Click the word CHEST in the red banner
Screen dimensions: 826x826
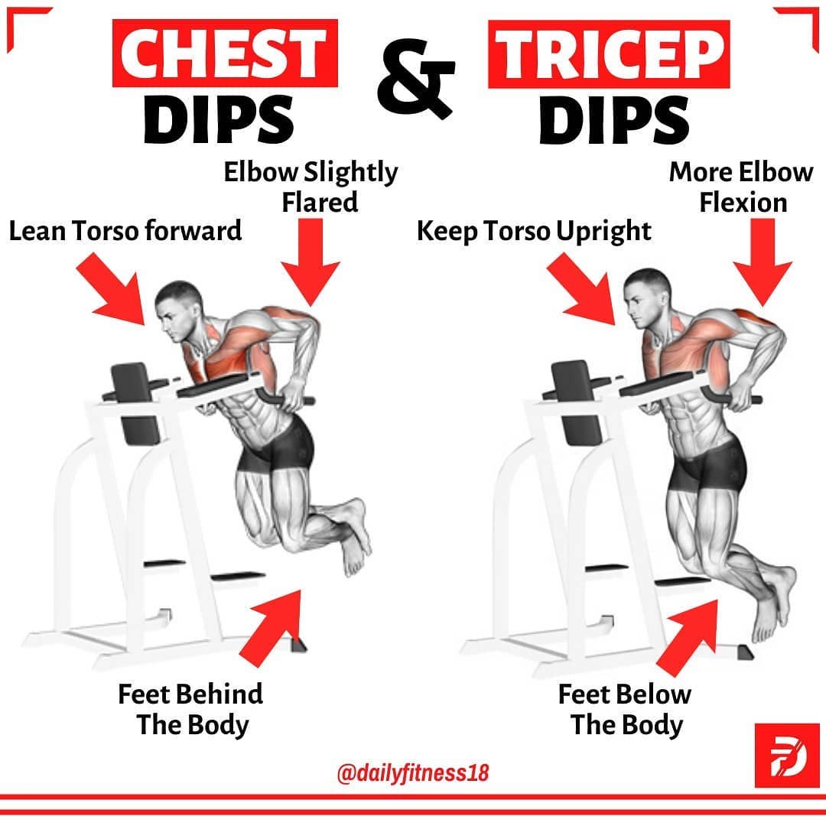[x=224, y=53]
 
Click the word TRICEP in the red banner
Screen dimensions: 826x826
[x=609, y=54]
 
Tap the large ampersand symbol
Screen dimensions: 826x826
[x=415, y=78]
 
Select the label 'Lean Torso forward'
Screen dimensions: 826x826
[x=125, y=231]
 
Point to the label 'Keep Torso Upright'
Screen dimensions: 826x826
[x=534, y=231]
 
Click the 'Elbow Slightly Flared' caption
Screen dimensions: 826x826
[x=311, y=187]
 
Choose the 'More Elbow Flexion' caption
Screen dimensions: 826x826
[x=741, y=187]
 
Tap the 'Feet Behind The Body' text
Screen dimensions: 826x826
[x=190, y=710]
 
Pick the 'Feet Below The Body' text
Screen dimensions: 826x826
[x=625, y=710]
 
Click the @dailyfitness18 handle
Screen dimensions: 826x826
[x=412, y=772]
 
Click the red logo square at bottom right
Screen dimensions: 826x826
[x=787, y=756]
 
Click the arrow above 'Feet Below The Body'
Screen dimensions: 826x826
[x=688, y=637]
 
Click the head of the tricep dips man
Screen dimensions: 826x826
[x=648, y=298]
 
